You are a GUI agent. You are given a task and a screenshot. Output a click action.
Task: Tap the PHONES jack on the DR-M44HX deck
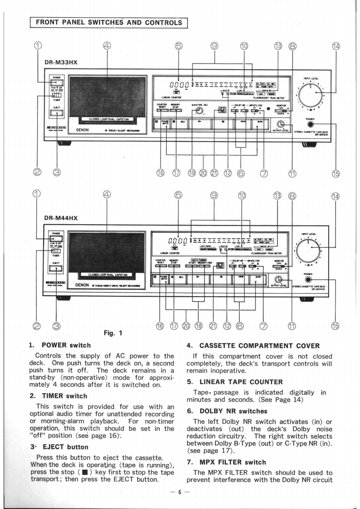[310, 281]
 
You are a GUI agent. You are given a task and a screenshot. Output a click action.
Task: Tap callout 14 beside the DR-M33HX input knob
[336, 45]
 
